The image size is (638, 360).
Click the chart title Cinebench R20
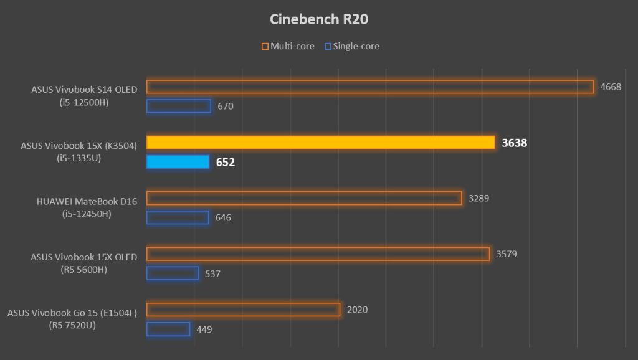tap(318, 19)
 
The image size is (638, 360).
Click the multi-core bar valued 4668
tap(369, 87)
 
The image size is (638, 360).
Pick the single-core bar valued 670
tap(178, 106)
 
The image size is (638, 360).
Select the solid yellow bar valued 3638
tap(320, 143)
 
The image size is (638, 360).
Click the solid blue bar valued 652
tap(178, 162)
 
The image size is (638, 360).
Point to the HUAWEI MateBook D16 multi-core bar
tap(304, 199)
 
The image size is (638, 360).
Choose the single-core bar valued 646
tap(178, 217)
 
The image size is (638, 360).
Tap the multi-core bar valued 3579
tap(318, 254)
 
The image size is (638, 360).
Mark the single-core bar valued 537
tap(173, 273)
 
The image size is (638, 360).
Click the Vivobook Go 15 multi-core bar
tap(243, 310)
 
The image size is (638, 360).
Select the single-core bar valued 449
tap(168, 329)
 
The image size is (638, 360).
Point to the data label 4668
tap(611, 87)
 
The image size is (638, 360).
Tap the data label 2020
tap(357, 310)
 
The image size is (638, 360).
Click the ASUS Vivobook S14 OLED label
tap(84, 89)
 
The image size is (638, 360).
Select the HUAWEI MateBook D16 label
tap(87, 201)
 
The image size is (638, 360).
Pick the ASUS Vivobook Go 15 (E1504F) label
tap(72, 312)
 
